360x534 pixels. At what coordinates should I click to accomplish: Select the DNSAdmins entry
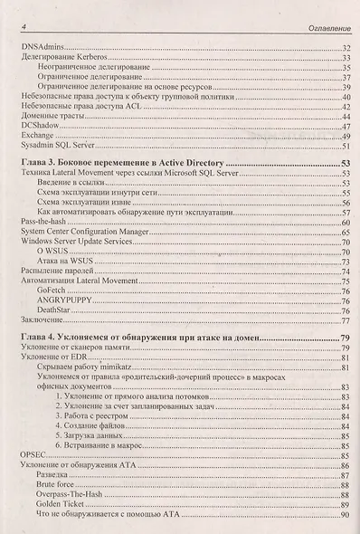click(41, 46)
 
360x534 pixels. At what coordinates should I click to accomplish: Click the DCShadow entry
click(39, 125)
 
